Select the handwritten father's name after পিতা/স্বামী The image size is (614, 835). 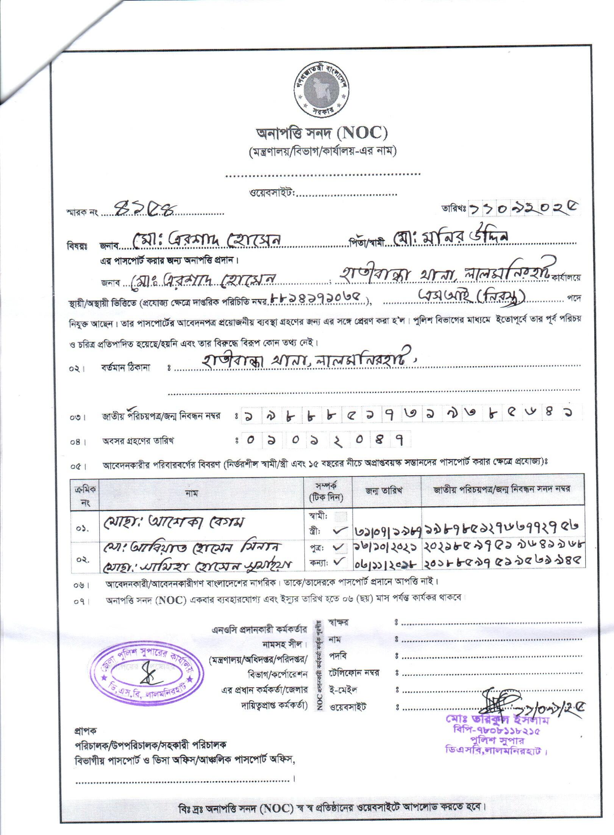coord(451,239)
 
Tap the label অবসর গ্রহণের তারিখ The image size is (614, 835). coord(139,441)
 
